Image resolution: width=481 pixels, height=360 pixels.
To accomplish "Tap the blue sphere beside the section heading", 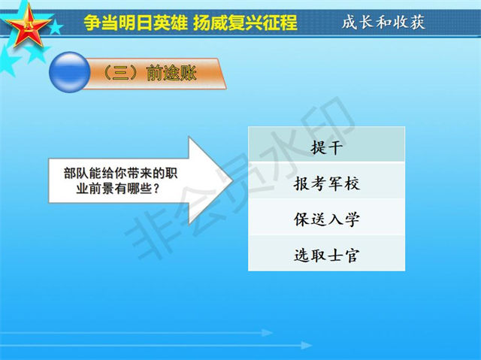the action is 70,72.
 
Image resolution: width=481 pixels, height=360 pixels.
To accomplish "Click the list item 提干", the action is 326,147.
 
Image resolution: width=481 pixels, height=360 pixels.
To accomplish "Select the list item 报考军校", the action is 326,183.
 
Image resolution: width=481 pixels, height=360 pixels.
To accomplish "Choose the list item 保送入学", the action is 326,219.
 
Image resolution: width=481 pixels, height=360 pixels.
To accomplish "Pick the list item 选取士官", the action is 326,255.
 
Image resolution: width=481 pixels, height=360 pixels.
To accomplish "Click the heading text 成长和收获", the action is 383,22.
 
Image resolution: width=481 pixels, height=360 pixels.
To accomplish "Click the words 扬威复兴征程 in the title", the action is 245,23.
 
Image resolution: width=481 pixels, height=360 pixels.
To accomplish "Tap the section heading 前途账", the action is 171,73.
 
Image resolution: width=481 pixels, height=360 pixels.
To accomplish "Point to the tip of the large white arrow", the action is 233,180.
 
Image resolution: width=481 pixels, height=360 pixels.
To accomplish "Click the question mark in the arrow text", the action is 156,189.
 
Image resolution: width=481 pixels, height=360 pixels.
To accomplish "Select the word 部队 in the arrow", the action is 76,174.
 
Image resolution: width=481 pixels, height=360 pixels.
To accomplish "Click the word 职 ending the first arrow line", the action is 171,174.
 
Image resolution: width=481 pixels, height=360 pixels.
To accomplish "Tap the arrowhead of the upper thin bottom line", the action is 268,333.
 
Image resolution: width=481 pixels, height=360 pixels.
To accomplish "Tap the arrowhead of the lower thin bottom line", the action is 307,346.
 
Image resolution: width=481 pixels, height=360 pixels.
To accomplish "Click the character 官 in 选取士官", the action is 352,255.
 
